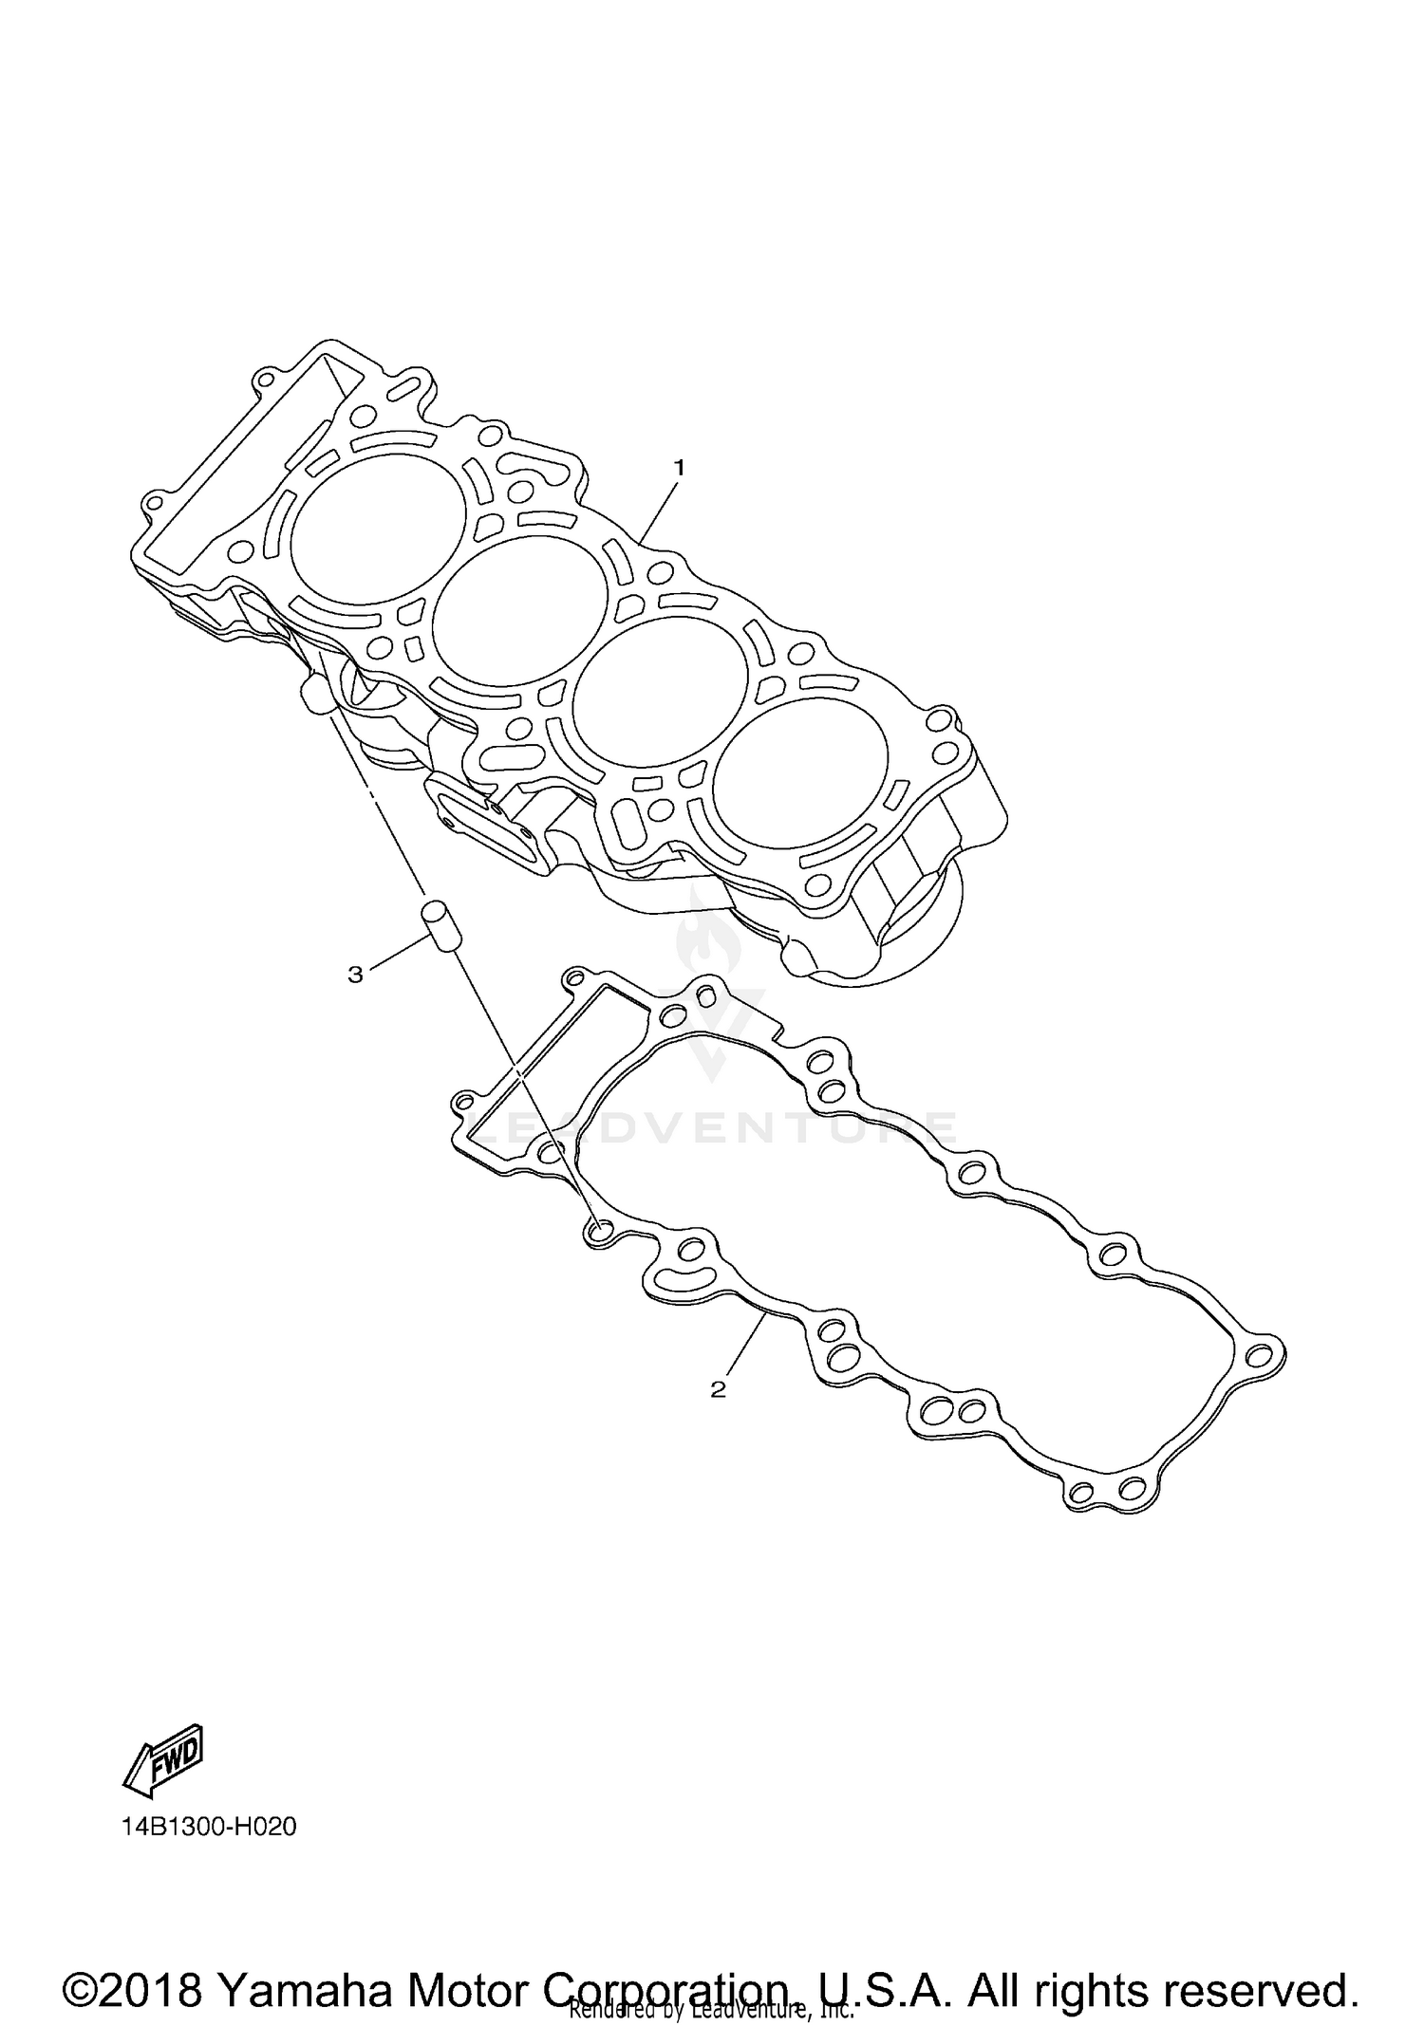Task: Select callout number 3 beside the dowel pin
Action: click(x=355, y=975)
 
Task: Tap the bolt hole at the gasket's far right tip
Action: click(x=1260, y=1352)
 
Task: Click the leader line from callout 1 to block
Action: click(x=658, y=508)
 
